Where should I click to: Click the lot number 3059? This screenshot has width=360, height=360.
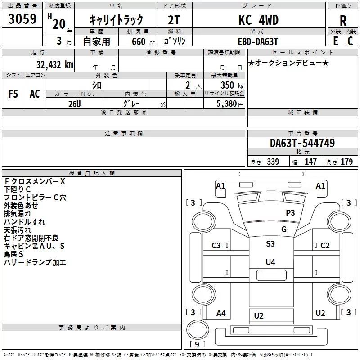[22, 19]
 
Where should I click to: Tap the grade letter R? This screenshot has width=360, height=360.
[343, 21]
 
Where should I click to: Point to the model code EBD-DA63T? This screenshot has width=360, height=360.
[258, 41]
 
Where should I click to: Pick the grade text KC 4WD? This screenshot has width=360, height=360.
[258, 20]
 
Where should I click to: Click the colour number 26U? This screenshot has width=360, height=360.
[75, 103]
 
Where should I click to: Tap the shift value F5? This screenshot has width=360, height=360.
[13, 94]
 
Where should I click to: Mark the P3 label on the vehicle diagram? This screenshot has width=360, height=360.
[290, 212]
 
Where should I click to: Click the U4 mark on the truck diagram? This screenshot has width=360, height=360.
[270, 262]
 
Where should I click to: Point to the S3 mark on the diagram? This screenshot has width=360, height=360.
[270, 243]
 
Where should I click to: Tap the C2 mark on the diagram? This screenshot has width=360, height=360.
[325, 246]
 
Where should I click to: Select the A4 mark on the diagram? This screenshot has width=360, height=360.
[221, 313]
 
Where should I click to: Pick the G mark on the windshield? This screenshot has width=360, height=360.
[284, 229]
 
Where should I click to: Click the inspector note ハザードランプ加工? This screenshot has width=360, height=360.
[35, 262]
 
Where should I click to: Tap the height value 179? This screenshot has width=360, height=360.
[346, 162]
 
